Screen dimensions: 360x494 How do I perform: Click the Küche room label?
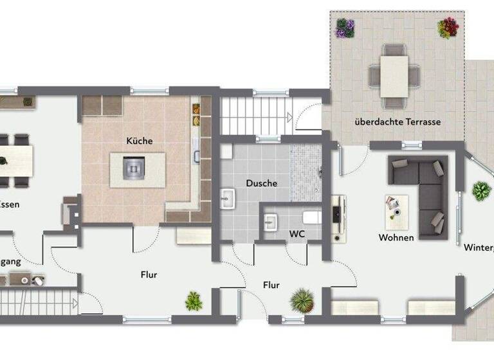[x=140, y=140]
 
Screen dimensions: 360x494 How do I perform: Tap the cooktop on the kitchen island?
[x=133, y=169]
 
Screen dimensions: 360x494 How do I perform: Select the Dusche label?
[x=261, y=183]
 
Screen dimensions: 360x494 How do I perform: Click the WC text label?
[x=296, y=233]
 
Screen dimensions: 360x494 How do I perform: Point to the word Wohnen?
[x=396, y=237]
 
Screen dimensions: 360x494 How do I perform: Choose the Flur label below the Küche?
[x=149, y=274]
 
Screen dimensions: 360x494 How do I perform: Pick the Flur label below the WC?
[x=271, y=285]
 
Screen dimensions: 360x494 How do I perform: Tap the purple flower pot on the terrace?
[x=345, y=28]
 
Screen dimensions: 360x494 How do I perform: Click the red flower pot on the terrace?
[x=448, y=28]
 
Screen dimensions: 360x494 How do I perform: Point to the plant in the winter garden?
[x=480, y=191]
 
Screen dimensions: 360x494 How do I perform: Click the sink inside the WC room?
[x=270, y=222]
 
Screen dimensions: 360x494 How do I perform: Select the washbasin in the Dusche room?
[x=228, y=199]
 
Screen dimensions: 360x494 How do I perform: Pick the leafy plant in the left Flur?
[x=194, y=300]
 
